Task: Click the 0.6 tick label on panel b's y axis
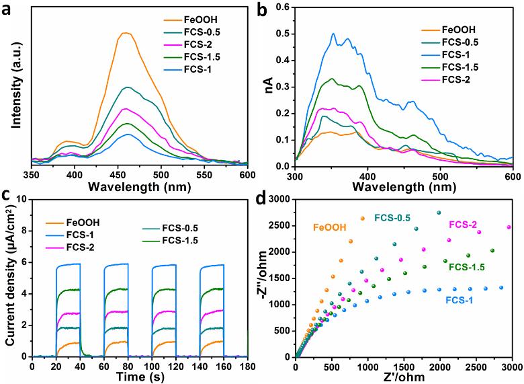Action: click(281, 7)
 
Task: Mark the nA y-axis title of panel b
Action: click(268, 86)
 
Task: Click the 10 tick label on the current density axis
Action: click(22, 200)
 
